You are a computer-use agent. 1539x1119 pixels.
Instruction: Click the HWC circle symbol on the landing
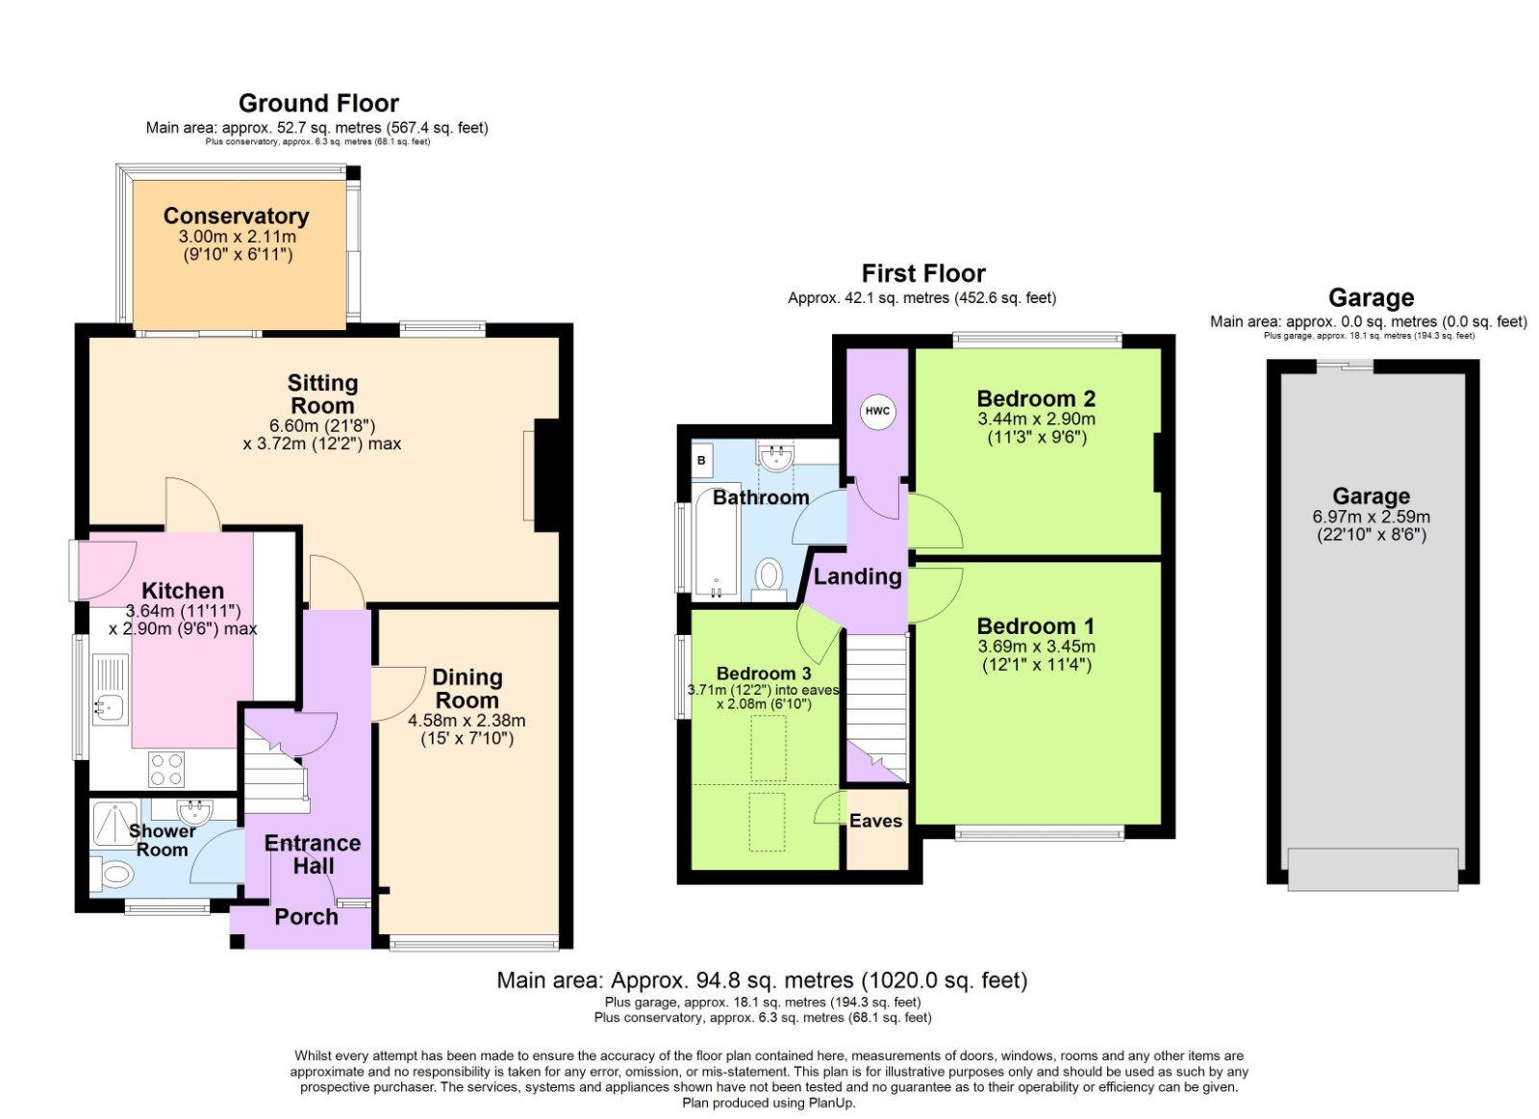[x=877, y=411]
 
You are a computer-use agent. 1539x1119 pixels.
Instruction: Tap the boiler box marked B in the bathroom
[x=701, y=461]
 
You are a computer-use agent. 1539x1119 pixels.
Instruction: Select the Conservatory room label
[x=236, y=216]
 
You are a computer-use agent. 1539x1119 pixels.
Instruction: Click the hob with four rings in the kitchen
[x=166, y=769]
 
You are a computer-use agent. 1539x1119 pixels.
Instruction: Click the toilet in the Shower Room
[x=114, y=875]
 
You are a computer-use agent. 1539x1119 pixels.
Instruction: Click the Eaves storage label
[x=875, y=821]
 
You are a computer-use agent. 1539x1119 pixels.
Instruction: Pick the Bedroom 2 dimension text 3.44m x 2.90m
[x=1036, y=420]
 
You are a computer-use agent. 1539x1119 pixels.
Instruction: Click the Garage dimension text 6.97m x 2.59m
[x=1371, y=517]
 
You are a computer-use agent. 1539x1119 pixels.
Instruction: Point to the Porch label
[x=306, y=917]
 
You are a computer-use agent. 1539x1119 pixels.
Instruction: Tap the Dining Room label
[x=467, y=689]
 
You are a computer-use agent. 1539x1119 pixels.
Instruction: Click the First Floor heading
[x=922, y=273]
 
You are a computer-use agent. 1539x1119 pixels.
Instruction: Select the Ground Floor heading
[x=318, y=103]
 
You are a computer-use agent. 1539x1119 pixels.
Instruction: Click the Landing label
[x=857, y=576]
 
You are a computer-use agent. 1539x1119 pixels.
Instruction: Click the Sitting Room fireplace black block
[x=546, y=474]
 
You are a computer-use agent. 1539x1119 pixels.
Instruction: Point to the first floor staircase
[x=876, y=702]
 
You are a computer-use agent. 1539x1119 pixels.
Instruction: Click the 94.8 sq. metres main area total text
[x=761, y=980]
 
